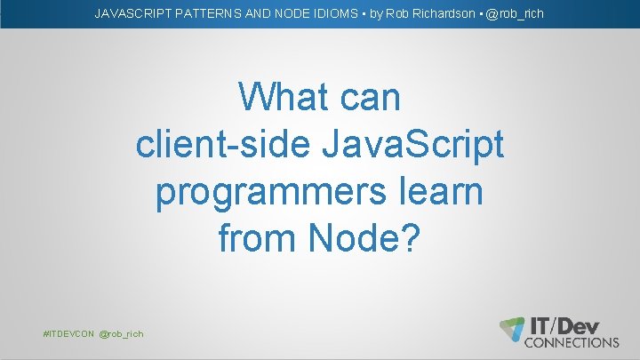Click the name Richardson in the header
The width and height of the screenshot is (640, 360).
pyautogui.click(x=442, y=13)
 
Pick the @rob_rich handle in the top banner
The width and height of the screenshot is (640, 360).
pyautogui.click(x=515, y=13)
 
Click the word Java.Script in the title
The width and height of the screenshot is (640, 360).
pyautogui.click(x=402, y=144)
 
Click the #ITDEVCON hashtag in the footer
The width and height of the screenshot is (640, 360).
pyautogui.click(x=68, y=333)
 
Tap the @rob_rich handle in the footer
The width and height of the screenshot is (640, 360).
pyautogui.click(x=121, y=333)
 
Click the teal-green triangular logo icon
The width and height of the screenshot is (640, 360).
pyautogui.click(x=511, y=327)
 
